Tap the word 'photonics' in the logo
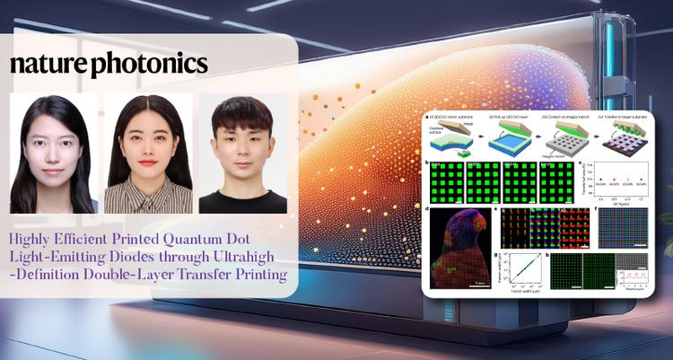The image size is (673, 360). click(147, 66)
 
